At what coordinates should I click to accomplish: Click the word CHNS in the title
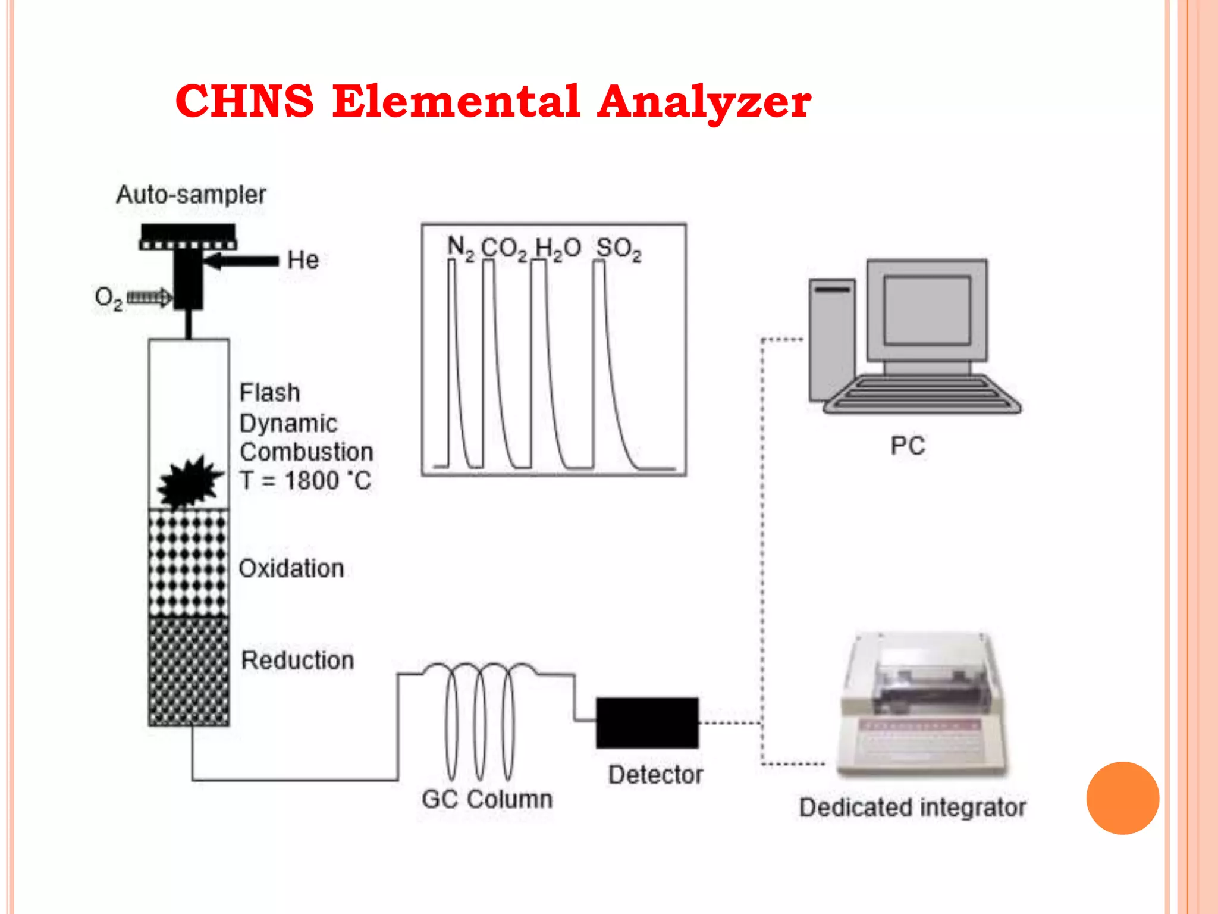pos(244,101)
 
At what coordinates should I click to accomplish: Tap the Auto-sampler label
pos(191,195)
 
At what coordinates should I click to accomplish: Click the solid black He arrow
pos(241,261)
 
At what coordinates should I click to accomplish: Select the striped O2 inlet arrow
pos(149,297)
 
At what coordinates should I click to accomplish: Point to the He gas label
pos(303,260)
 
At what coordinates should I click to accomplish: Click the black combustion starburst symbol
pos(189,482)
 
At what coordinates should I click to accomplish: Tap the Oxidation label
pos(291,568)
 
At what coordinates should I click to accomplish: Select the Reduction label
pos(297,661)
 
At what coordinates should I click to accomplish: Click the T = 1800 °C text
pos(306,481)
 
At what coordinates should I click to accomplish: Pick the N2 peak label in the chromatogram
pos(460,248)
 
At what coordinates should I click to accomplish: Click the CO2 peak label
pos(504,249)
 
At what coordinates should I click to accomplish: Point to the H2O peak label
pos(557,249)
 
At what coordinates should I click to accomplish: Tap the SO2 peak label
pos(619,249)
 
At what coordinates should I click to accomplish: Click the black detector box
pos(647,722)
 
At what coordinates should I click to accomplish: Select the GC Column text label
pos(487,799)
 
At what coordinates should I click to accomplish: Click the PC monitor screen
pos(927,310)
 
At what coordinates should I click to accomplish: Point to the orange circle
pos(1122,798)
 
